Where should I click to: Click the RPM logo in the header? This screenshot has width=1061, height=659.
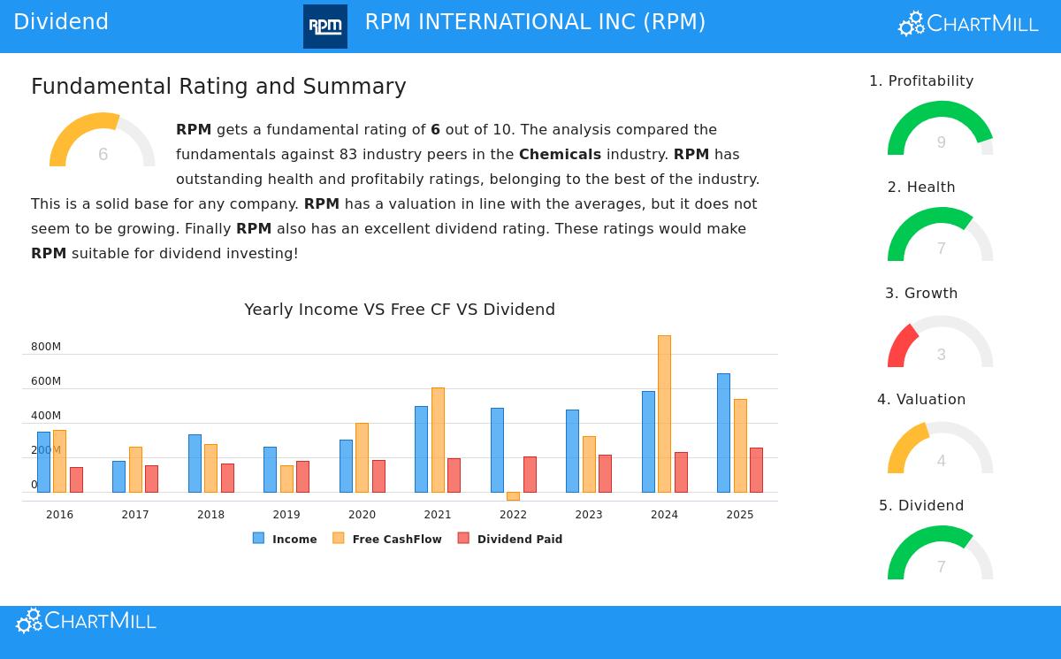324,27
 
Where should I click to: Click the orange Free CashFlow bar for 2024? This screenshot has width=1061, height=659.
664,414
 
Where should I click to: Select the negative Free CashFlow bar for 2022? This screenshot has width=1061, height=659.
513,496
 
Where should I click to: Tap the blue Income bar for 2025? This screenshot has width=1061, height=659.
723,433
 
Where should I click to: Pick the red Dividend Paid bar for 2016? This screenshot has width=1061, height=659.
76,479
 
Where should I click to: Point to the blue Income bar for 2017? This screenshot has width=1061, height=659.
118,477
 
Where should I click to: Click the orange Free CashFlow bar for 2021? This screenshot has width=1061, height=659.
438,440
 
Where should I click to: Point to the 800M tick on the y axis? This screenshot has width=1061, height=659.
46,347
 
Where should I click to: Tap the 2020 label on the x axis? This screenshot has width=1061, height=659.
362,515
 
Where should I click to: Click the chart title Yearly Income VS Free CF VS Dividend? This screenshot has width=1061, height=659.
400,310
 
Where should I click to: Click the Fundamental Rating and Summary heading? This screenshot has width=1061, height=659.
218,87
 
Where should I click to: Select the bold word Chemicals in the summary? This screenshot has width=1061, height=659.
560,155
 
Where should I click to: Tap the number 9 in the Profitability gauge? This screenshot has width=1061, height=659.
941,142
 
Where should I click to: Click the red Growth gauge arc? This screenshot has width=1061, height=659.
900,343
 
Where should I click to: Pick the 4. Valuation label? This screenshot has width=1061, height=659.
921,400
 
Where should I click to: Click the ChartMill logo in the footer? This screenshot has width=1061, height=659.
87,621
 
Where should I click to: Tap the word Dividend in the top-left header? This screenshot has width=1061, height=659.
61,22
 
